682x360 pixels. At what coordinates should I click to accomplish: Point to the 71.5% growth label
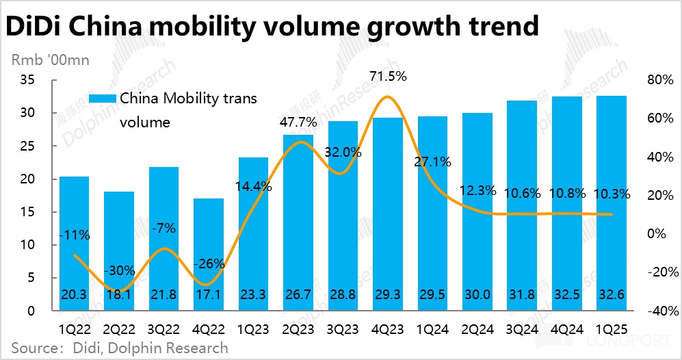(388, 77)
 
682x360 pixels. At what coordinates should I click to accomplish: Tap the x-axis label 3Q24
(521, 328)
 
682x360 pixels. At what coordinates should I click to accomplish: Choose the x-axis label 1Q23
(254, 328)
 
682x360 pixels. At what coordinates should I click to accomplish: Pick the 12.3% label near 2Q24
(477, 191)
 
